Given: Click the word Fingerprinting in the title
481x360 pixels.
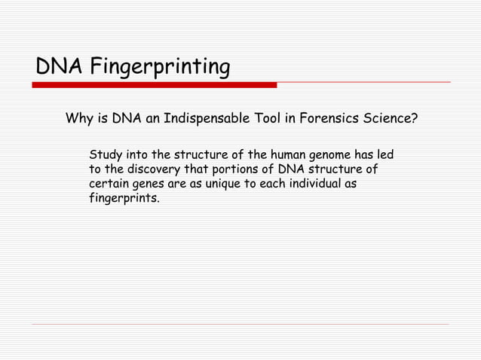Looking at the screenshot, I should tap(160, 68).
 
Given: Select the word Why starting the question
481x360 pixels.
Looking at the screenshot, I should tap(79, 118).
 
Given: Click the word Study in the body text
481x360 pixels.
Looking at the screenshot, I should tap(106, 155).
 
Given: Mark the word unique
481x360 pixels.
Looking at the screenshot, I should tap(227, 184).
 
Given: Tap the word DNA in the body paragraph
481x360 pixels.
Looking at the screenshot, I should tap(290, 169).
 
